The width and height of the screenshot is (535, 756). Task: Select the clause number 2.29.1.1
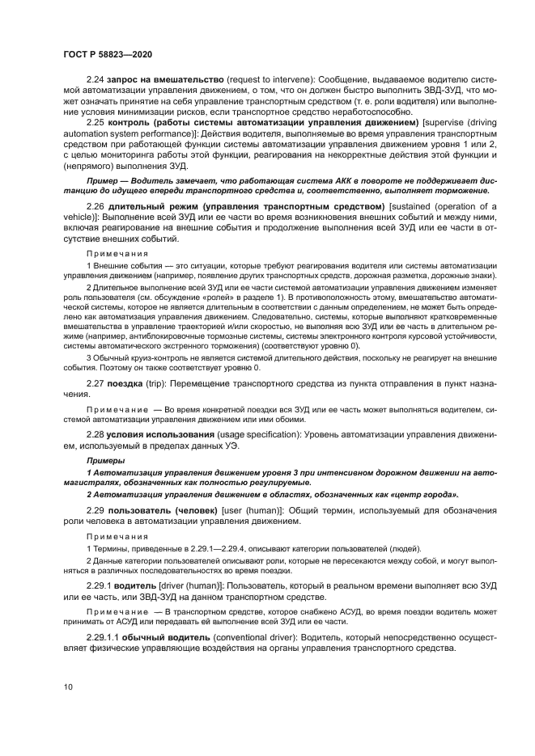click(x=104, y=638)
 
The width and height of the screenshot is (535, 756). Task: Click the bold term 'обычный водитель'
click(x=167, y=638)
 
